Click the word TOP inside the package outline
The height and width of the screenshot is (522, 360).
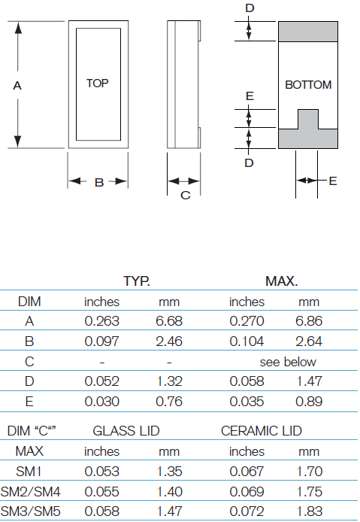(x=97, y=83)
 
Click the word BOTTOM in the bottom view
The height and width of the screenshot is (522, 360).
(x=308, y=85)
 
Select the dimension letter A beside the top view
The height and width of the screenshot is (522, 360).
(x=17, y=86)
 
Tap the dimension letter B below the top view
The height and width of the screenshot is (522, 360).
(x=98, y=182)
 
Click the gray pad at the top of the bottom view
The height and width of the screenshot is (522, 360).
(x=308, y=31)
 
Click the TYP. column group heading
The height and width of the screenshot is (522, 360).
(x=137, y=282)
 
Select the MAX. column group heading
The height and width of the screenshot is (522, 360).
(x=281, y=282)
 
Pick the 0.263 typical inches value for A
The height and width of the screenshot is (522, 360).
(x=101, y=321)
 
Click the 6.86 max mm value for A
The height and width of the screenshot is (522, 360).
(x=309, y=321)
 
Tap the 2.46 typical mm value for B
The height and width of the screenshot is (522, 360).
(x=169, y=341)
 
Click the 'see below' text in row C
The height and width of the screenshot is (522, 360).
(x=288, y=362)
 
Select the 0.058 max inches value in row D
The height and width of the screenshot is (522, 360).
(x=246, y=381)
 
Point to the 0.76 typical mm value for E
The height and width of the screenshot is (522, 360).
(x=169, y=401)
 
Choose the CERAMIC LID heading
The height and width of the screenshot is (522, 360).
(x=261, y=431)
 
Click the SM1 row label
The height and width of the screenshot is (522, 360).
(x=29, y=472)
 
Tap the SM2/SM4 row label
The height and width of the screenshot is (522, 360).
(x=30, y=491)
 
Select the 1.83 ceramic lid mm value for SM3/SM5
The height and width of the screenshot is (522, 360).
(x=309, y=511)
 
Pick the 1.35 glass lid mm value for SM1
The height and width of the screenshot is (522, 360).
(x=169, y=472)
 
